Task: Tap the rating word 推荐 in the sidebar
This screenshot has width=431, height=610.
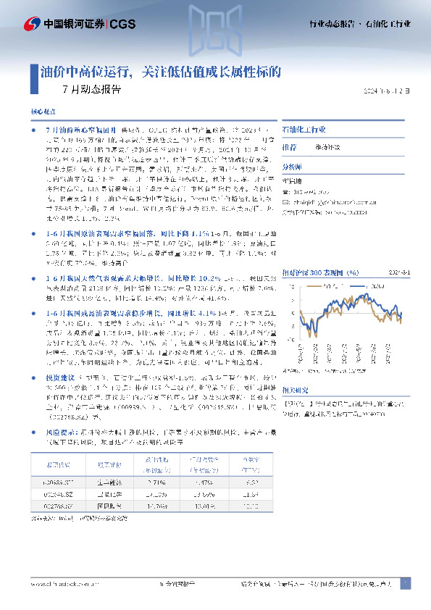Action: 289,146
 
